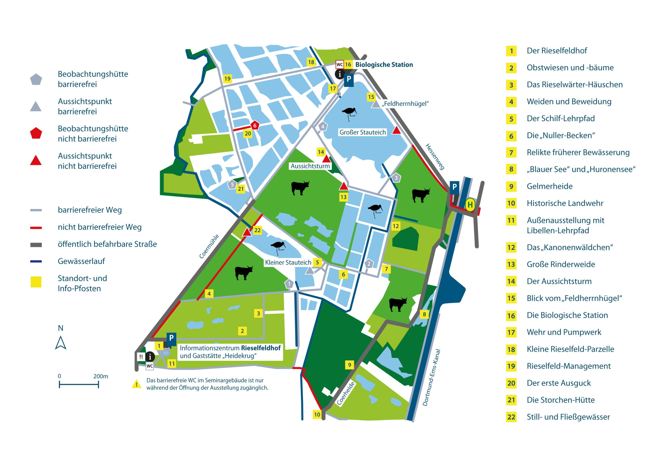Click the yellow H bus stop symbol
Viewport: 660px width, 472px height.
click(x=470, y=205)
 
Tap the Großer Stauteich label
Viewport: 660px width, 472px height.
click(x=362, y=132)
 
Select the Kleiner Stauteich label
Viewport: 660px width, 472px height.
click(x=288, y=262)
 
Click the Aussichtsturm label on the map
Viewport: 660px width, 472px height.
click(x=310, y=166)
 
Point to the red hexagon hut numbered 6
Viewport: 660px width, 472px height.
click(x=255, y=126)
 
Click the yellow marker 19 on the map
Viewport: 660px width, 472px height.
click(x=227, y=78)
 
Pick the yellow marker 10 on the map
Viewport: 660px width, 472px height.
click(x=317, y=415)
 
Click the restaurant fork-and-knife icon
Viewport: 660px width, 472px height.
click(x=141, y=357)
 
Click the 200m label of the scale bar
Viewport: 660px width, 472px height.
click(x=101, y=376)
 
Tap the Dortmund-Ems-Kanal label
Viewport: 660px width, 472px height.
click(x=431, y=378)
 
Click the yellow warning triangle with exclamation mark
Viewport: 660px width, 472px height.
click(x=136, y=384)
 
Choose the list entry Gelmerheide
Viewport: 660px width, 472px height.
click(x=549, y=186)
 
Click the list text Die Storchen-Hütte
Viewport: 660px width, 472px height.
click(x=560, y=400)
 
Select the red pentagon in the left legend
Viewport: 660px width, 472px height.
click(x=36, y=134)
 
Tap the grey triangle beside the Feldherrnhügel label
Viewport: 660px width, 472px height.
click(x=376, y=104)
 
